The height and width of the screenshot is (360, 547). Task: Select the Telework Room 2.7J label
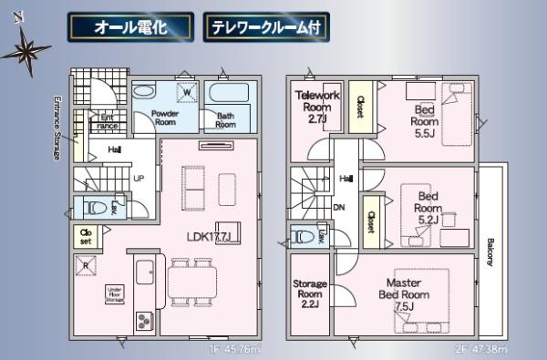click(x=317, y=106)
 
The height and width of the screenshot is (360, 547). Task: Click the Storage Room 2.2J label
click(x=310, y=294)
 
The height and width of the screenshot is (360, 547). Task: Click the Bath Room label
click(x=224, y=118)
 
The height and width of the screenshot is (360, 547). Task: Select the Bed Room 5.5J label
click(x=424, y=118)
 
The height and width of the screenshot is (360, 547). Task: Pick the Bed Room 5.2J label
click(x=428, y=207)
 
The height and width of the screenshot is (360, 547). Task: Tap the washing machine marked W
click(x=185, y=93)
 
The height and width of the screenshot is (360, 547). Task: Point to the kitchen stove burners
click(x=146, y=321)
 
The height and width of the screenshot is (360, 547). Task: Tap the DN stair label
click(x=338, y=207)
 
